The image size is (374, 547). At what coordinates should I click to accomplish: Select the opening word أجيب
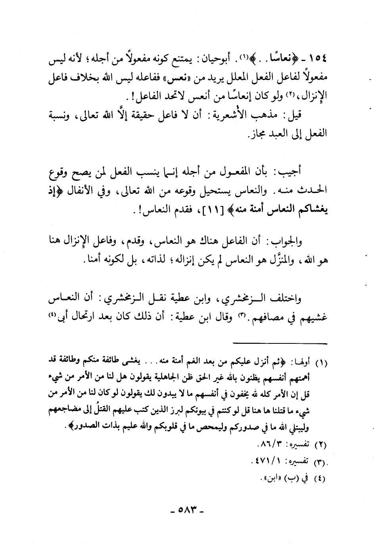(292, 172)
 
